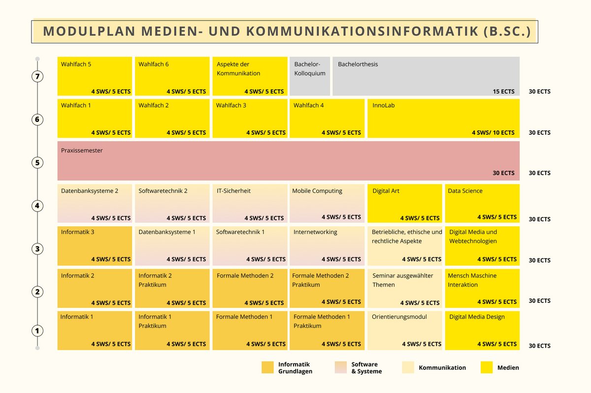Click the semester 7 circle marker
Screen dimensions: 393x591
37,76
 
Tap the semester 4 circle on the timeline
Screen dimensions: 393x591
37,206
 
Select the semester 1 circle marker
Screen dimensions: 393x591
37,331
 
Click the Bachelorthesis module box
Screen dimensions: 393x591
426,76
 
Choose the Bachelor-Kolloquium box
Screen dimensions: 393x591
309,76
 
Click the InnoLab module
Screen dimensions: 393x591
443,119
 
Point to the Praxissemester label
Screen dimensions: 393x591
82,151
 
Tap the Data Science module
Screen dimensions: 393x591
482,203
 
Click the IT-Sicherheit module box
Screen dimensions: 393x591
250,203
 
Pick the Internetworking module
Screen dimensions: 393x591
327,245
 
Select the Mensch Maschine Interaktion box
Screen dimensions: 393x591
482,288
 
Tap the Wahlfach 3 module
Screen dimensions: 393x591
250,119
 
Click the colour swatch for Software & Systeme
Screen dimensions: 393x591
340,367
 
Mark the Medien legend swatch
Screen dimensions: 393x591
487,367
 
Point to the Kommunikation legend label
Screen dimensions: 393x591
442,367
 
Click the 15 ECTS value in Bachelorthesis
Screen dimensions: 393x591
503,91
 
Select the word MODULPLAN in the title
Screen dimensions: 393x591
88,31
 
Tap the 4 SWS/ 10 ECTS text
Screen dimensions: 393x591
493,133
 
